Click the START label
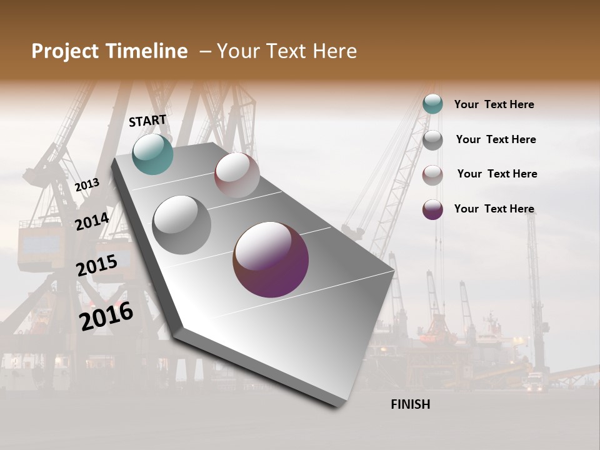(x=147, y=121)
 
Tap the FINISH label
(x=411, y=404)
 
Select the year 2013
(x=87, y=184)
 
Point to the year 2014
(x=92, y=222)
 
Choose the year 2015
(x=96, y=266)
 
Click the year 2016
(x=106, y=316)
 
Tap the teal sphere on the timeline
(x=152, y=154)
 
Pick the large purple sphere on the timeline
(x=271, y=259)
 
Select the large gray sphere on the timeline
(x=181, y=224)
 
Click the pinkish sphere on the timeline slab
(x=237, y=175)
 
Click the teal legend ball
(x=432, y=104)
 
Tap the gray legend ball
(x=432, y=140)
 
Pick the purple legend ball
(x=432, y=209)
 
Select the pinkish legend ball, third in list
(x=432, y=175)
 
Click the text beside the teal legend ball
(x=494, y=104)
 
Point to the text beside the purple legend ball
(x=494, y=209)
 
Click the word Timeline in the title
(x=147, y=51)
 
